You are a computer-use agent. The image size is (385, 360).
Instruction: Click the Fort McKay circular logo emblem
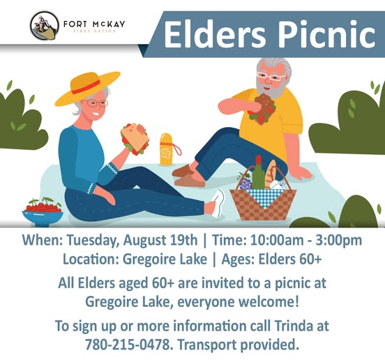[45, 26]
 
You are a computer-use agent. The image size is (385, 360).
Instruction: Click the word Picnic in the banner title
[327, 34]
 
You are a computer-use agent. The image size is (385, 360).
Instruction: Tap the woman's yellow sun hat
[87, 88]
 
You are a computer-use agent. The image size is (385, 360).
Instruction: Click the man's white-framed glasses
[271, 77]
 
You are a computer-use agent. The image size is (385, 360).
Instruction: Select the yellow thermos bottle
[167, 149]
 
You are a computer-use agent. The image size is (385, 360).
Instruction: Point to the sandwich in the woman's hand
[135, 139]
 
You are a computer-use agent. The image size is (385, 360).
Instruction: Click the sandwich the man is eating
[262, 109]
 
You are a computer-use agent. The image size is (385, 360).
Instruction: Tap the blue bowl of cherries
[43, 211]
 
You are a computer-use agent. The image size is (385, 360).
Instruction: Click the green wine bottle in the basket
[258, 172]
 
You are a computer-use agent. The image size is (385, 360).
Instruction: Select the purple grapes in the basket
[246, 183]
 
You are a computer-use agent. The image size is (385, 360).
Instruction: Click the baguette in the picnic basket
[271, 172]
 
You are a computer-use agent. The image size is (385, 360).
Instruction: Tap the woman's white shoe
[218, 203]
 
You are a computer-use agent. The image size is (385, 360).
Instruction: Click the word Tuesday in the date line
[93, 241]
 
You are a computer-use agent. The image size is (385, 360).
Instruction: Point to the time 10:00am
[277, 240]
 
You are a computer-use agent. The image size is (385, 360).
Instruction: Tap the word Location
[91, 259]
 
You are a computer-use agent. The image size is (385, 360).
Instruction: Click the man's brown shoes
[188, 176]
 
